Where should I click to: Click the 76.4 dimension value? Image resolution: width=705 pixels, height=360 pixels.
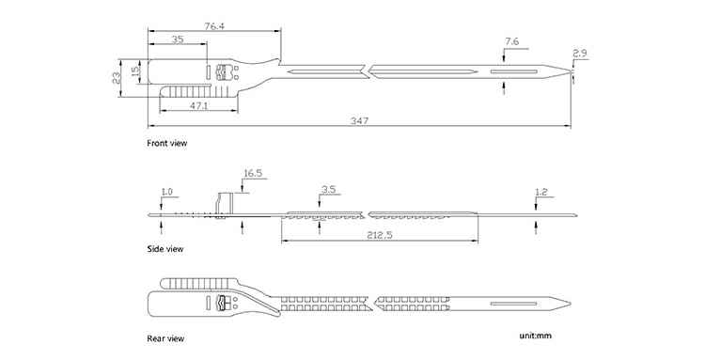pyautogui.click(x=214, y=26)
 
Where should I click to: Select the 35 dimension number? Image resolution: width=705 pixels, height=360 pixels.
pyautogui.click(x=178, y=39)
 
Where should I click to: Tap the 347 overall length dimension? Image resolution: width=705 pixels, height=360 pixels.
pyautogui.click(x=360, y=121)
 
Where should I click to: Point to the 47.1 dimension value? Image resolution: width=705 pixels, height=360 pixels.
pyautogui.click(x=198, y=105)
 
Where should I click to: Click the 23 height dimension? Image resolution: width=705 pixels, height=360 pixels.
pyautogui.click(x=116, y=78)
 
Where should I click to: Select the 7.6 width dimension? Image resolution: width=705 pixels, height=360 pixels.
pyautogui.click(x=511, y=41)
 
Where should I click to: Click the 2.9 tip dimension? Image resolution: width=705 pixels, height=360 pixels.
pyautogui.click(x=580, y=54)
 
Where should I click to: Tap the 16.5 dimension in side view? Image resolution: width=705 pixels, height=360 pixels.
pyautogui.click(x=253, y=174)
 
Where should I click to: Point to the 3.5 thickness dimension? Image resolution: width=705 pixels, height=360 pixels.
pyautogui.click(x=329, y=189)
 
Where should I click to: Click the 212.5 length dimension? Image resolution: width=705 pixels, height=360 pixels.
pyautogui.click(x=380, y=235)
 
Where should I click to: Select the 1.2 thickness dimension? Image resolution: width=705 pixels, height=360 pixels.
pyautogui.click(x=541, y=193)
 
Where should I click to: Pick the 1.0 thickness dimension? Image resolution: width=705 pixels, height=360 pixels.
pyautogui.click(x=166, y=192)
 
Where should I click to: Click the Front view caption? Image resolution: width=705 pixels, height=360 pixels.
pyautogui.click(x=166, y=144)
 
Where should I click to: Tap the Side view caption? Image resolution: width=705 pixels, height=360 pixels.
pyautogui.click(x=165, y=248)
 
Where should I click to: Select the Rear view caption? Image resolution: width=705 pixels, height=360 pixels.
pyautogui.click(x=165, y=338)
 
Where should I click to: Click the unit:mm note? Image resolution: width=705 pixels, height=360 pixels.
pyautogui.click(x=535, y=336)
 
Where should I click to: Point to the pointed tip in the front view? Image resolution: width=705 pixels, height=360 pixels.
pyautogui.click(x=571, y=71)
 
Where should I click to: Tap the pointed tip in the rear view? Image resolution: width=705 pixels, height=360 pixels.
pyautogui.click(x=571, y=304)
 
